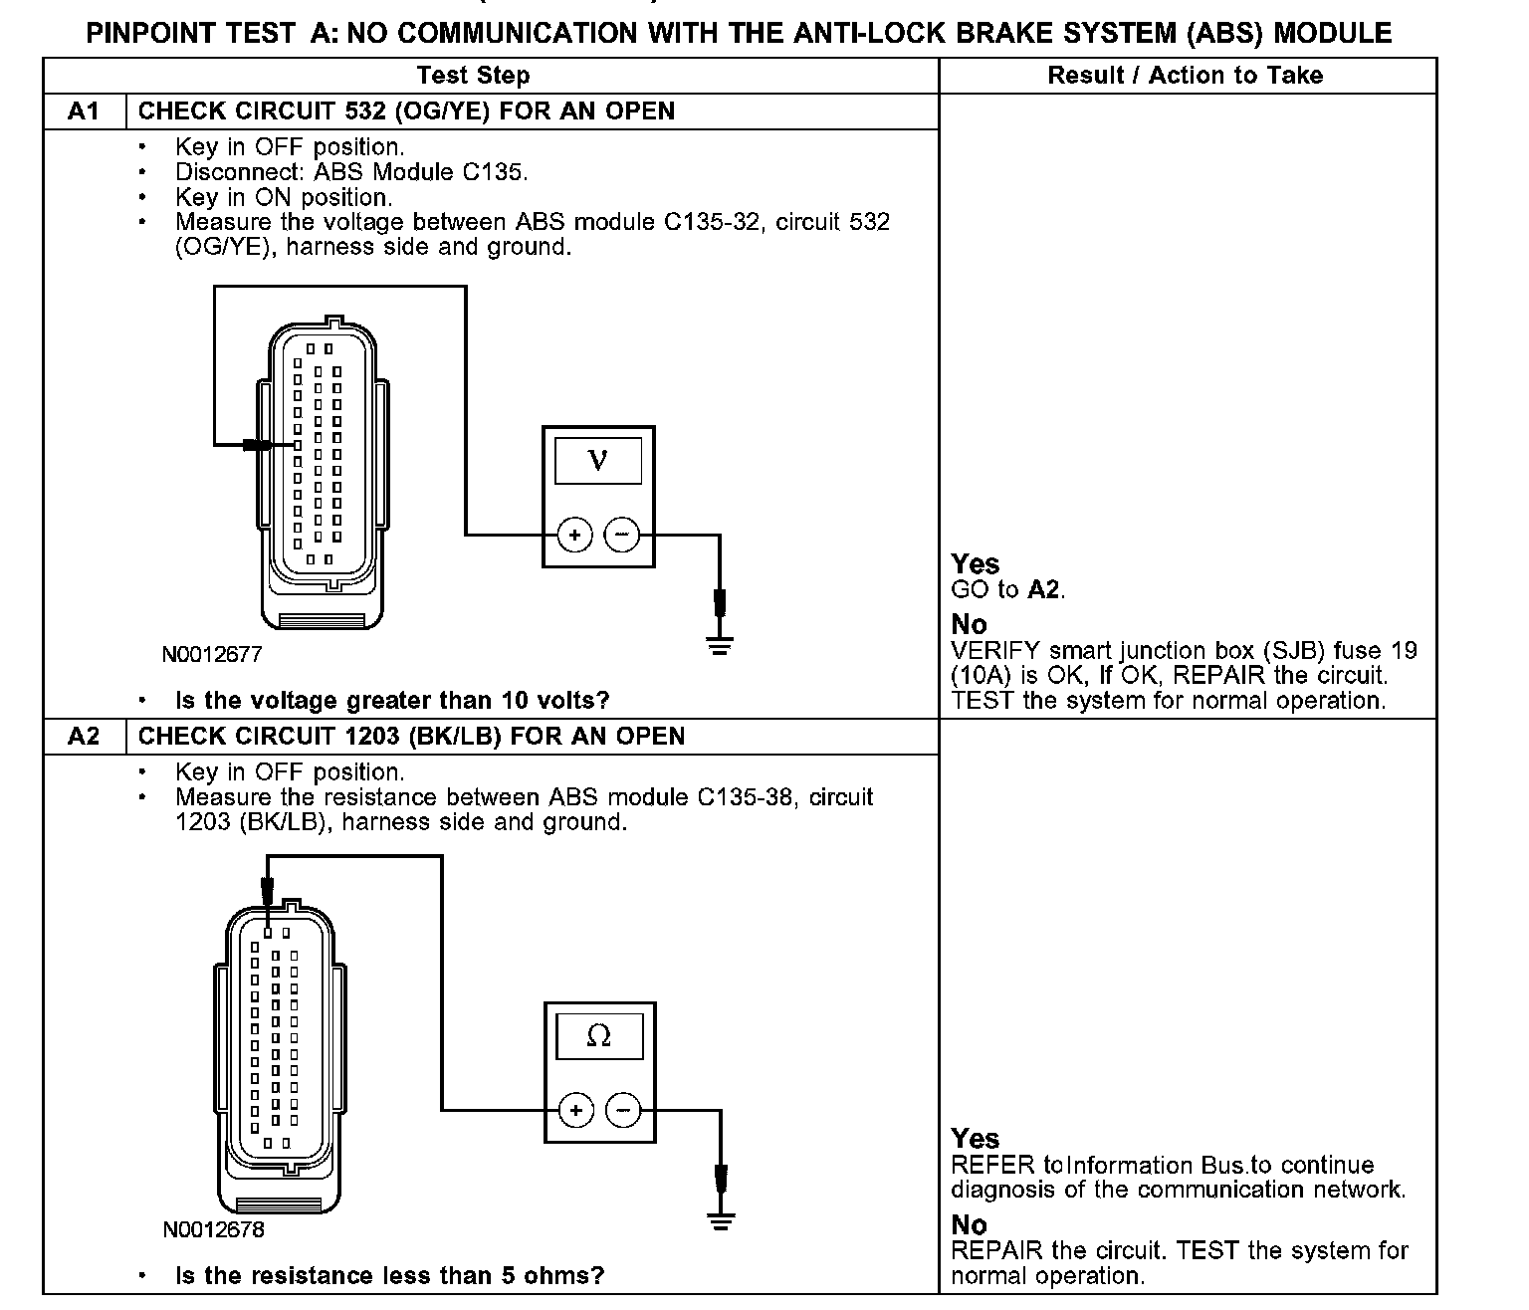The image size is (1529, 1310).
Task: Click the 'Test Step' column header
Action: pyautogui.click(x=473, y=76)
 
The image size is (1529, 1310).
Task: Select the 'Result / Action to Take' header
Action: pyautogui.click(x=1185, y=76)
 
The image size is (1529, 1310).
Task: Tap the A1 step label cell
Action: pyautogui.click(x=84, y=111)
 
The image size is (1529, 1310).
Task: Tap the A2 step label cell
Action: pyautogui.click(x=84, y=737)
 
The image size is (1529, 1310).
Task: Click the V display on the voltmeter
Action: pyautogui.click(x=597, y=460)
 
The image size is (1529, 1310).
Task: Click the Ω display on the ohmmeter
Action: pyautogui.click(x=598, y=1036)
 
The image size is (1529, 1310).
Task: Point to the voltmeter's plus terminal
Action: pyautogui.click(x=574, y=536)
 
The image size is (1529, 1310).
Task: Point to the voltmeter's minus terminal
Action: pyautogui.click(x=622, y=536)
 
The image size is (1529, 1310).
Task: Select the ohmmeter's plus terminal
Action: pyautogui.click(x=575, y=1110)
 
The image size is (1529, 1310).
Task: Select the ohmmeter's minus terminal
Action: pyautogui.click(x=623, y=1110)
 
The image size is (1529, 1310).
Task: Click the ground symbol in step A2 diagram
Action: pyautogui.click(x=721, y=1220)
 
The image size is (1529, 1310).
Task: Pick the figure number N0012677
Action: pyautogui.click(x=212, y=655)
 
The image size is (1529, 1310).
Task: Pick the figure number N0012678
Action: pyautogui.click(x=213, y=1230)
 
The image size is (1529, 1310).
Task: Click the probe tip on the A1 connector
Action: pyautogui.click(x=261, y=445)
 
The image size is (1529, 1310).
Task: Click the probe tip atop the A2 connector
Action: pyautogui.click(x=267, y=893)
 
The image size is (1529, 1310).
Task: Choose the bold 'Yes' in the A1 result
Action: pyautogui.click(x=975, y=564)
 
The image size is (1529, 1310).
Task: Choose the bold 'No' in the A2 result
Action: pyautogui.click(x=969, y=1225)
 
